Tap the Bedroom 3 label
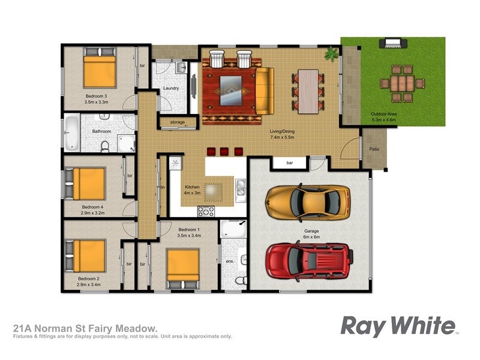(x=96, y=96)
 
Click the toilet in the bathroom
(x=104, y=146)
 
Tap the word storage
(x=177, y=122)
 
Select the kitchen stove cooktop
(x=206, y=211)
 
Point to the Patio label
(x=373, y=149)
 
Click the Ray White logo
(x=398, y=326)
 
